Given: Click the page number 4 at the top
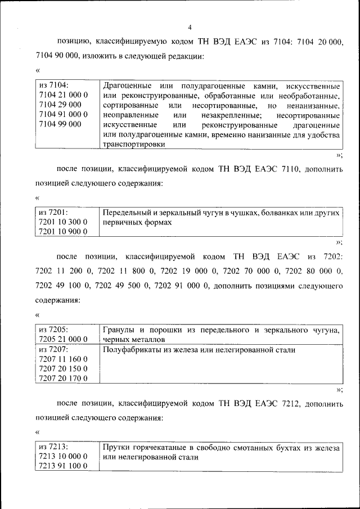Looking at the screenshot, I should (190, 27).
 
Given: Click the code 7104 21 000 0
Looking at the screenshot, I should (62, 95).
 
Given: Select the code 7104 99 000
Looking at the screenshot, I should (60, 124).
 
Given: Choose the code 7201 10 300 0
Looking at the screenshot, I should (62, 222).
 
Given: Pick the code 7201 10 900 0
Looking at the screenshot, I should (62, 232).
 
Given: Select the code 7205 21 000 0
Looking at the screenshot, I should (62, 339).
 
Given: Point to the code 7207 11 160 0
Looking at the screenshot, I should (62, 359).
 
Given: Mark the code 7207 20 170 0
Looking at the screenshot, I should (62, 378).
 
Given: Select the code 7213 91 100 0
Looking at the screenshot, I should (62, 466).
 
